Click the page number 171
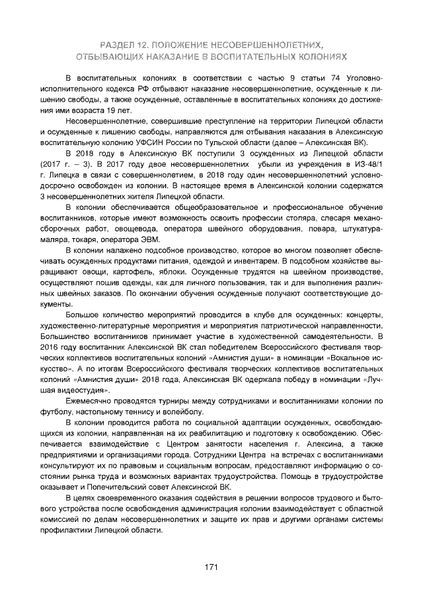point(211,566)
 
